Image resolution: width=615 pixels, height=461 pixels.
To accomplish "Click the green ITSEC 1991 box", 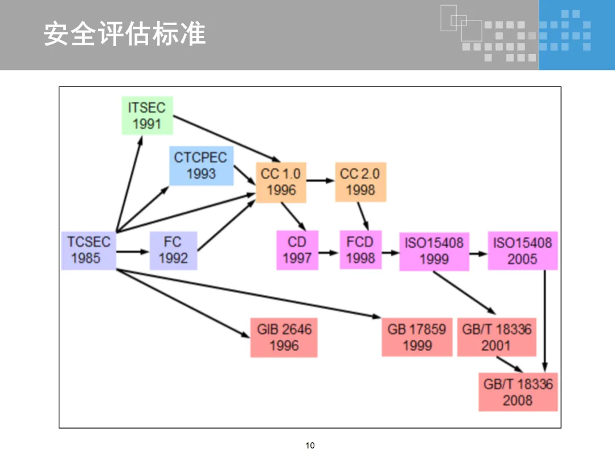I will [147, 116].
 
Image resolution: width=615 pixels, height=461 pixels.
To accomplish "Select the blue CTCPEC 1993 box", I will [201, 166].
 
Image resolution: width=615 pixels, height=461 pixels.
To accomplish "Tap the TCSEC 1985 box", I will [88, 250].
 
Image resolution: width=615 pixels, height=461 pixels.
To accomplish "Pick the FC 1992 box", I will [173, 250].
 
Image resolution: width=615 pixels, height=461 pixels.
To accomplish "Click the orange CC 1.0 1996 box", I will [281, 182].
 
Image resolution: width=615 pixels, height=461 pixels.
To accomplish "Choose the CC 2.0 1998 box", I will [360, 182].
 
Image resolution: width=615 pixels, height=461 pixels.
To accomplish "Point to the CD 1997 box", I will [297, 250].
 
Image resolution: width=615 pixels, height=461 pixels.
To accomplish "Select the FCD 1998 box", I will [360, 250].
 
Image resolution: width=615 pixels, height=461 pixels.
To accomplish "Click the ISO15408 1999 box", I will [434, 251].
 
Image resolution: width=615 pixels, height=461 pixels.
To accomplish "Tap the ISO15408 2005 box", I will [522, 251].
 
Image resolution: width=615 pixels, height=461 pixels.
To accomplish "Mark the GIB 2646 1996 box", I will [284, 337].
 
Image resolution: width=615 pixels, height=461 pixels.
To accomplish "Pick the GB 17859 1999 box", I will [417, 337].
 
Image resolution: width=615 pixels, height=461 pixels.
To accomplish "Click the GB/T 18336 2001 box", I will [497, 337].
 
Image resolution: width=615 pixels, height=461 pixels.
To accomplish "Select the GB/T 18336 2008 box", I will [518, 392].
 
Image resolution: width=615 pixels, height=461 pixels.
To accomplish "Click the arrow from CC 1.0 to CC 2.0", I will [321, 181].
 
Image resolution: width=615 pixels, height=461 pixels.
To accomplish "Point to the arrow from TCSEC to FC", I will [133, 251].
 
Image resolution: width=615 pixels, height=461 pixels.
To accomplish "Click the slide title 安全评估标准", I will [125, 34].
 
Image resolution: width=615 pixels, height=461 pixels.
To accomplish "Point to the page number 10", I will [310, 445].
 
